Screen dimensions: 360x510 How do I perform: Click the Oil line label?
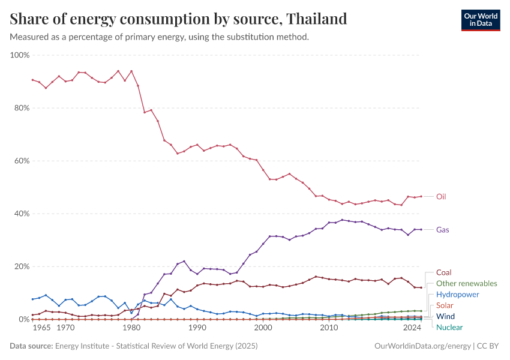point(441,196)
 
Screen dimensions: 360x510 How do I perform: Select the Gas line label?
point(442,230)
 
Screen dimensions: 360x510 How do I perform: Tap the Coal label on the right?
point(443,272)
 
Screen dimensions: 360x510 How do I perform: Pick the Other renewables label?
point(466,283)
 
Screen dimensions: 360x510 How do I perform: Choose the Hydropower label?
point(457,295)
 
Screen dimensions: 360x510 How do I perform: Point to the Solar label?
point(445,305)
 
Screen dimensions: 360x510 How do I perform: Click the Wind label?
point(445,316)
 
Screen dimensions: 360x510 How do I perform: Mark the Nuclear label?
point(449,327)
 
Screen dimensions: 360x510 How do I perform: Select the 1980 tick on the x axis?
point(131,328)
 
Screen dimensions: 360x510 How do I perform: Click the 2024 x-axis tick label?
point(412,328)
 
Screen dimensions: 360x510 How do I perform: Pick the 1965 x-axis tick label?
point(41,328)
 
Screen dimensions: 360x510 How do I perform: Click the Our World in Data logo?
point(481,20)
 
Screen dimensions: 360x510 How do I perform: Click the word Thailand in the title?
point(317,19)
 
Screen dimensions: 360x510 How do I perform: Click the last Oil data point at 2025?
point(421,196)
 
